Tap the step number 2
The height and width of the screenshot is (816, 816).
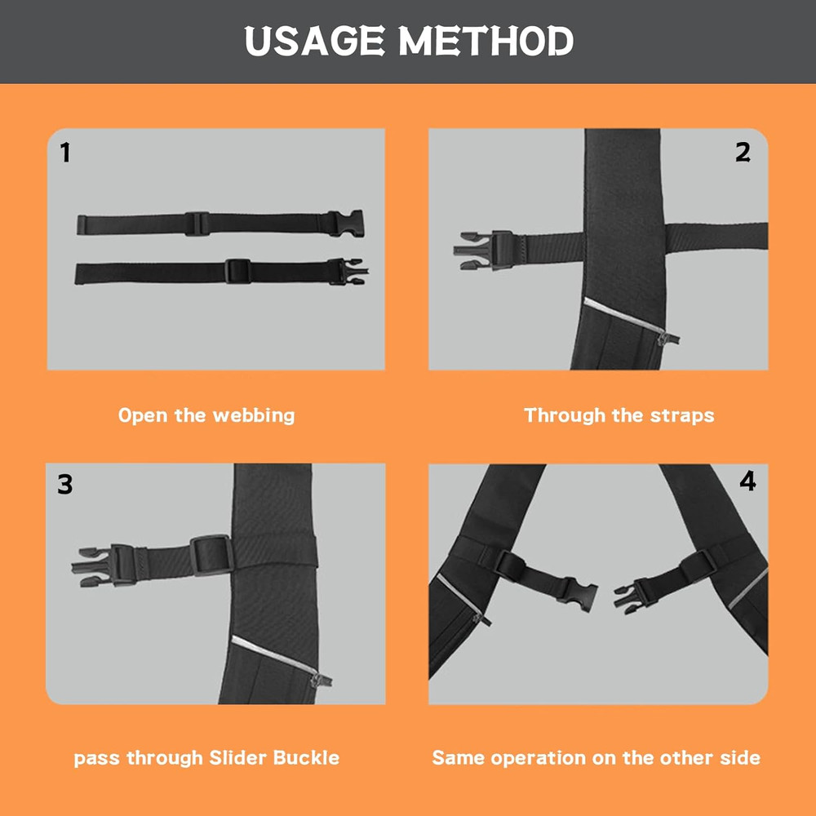pos(743,153)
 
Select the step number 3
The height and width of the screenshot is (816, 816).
pos(65,485)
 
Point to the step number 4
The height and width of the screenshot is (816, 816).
pos(747,481)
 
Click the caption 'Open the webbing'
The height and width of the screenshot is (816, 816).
pos(206,415)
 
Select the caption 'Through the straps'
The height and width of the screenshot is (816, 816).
pos(619,415)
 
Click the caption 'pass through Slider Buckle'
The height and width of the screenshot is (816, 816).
pos(206,758)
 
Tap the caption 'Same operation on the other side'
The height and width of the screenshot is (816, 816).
pos(596,758)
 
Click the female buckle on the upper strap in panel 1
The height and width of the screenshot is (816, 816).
pos(346,223)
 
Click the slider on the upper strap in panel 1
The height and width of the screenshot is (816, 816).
pos(197,224)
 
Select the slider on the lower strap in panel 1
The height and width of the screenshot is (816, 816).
pos(237,271)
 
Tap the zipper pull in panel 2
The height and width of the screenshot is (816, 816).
pos(672,338)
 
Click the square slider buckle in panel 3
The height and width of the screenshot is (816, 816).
pos(212,554)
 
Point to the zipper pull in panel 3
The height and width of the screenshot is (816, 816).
pos(325,679)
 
